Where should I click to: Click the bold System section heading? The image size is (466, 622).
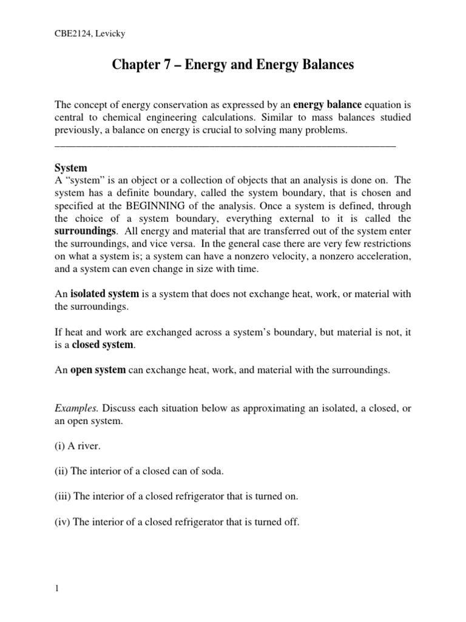71,168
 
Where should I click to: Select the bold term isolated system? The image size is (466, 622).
106,294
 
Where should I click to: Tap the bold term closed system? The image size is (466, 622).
102,344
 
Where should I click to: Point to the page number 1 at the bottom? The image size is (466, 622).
56,588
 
